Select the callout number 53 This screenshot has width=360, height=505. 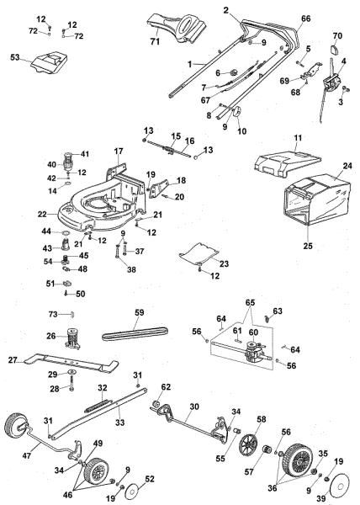coord(14,59)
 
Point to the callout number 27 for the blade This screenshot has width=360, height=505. coord(13,360)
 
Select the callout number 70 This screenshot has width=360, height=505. coord(337,36)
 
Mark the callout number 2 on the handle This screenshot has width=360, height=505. coord(202,11)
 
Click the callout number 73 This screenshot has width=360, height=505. coord(52,314)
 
